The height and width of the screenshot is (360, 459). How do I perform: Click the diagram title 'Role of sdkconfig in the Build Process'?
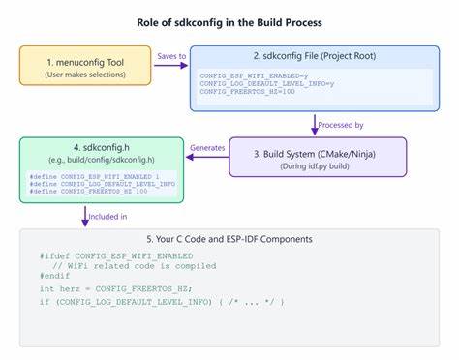[x=230, y=22]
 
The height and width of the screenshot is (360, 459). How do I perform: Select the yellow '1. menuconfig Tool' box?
[x=85, y=66]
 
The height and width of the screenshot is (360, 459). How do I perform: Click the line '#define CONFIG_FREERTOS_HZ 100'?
[x=87, y=191]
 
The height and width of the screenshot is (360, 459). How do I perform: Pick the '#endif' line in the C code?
[x=56, y=276]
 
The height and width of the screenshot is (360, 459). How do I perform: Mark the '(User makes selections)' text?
[x=85, y=73]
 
